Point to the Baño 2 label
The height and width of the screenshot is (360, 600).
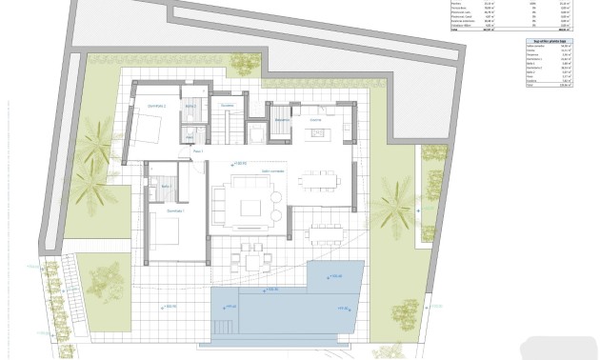pyautogui.click(x=190, y=105)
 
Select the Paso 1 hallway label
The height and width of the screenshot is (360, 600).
pyautogui.click(x=198, y=151)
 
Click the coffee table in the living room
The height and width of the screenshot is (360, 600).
pyautogui.click(x=251, y=207)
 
